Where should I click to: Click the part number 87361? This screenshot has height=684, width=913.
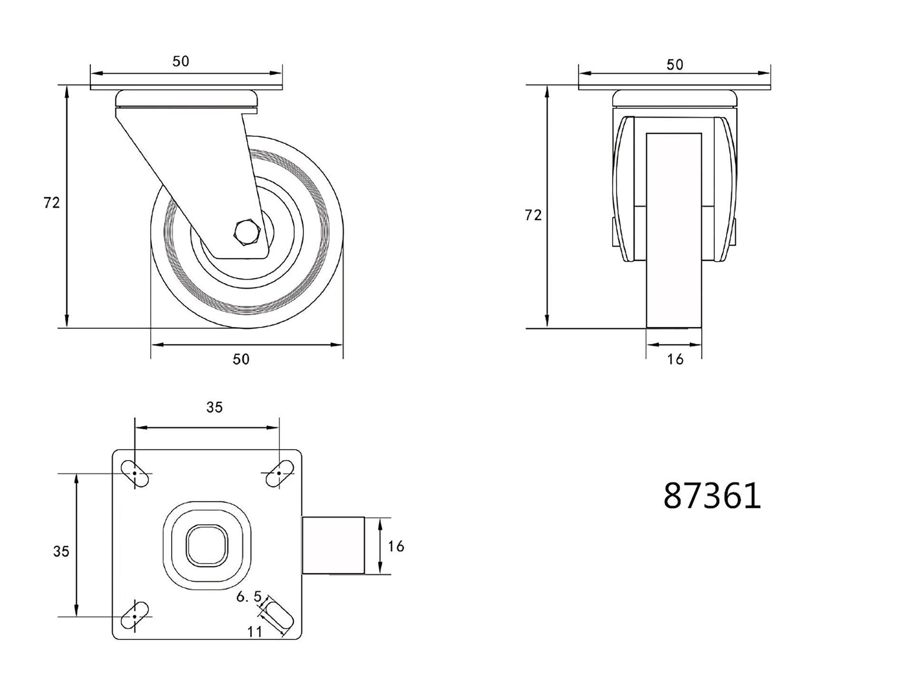[x=712, y=496]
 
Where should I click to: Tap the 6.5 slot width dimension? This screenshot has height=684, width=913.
[x=249, y=597]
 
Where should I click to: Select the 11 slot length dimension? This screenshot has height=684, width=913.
[x=255, y=632]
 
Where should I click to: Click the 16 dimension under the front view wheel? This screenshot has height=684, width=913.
[x=675, y=359]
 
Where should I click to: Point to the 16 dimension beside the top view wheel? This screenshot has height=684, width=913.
[x=396, y=546]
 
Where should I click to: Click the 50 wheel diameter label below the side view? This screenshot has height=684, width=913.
[x=241, y=359]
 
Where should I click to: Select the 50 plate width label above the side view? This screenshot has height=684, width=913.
[x=181, y=61]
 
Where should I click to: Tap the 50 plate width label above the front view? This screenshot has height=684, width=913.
[x=674, y=65]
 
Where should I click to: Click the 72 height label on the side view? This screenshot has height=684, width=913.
[x=51, y=203]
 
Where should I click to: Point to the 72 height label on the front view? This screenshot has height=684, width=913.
[x=533, y=215]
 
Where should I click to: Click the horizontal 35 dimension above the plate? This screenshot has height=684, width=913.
[x=214, y=408]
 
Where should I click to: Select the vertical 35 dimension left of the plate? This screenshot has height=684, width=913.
[x=61, y=551]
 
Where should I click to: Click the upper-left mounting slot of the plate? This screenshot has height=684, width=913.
[x=135, y=474]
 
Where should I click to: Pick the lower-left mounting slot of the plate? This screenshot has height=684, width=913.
[x=135, y=616]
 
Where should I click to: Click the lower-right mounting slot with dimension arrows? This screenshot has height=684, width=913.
[x=279, y=616]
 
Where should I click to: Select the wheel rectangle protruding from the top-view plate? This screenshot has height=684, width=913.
[x=333, y=546]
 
